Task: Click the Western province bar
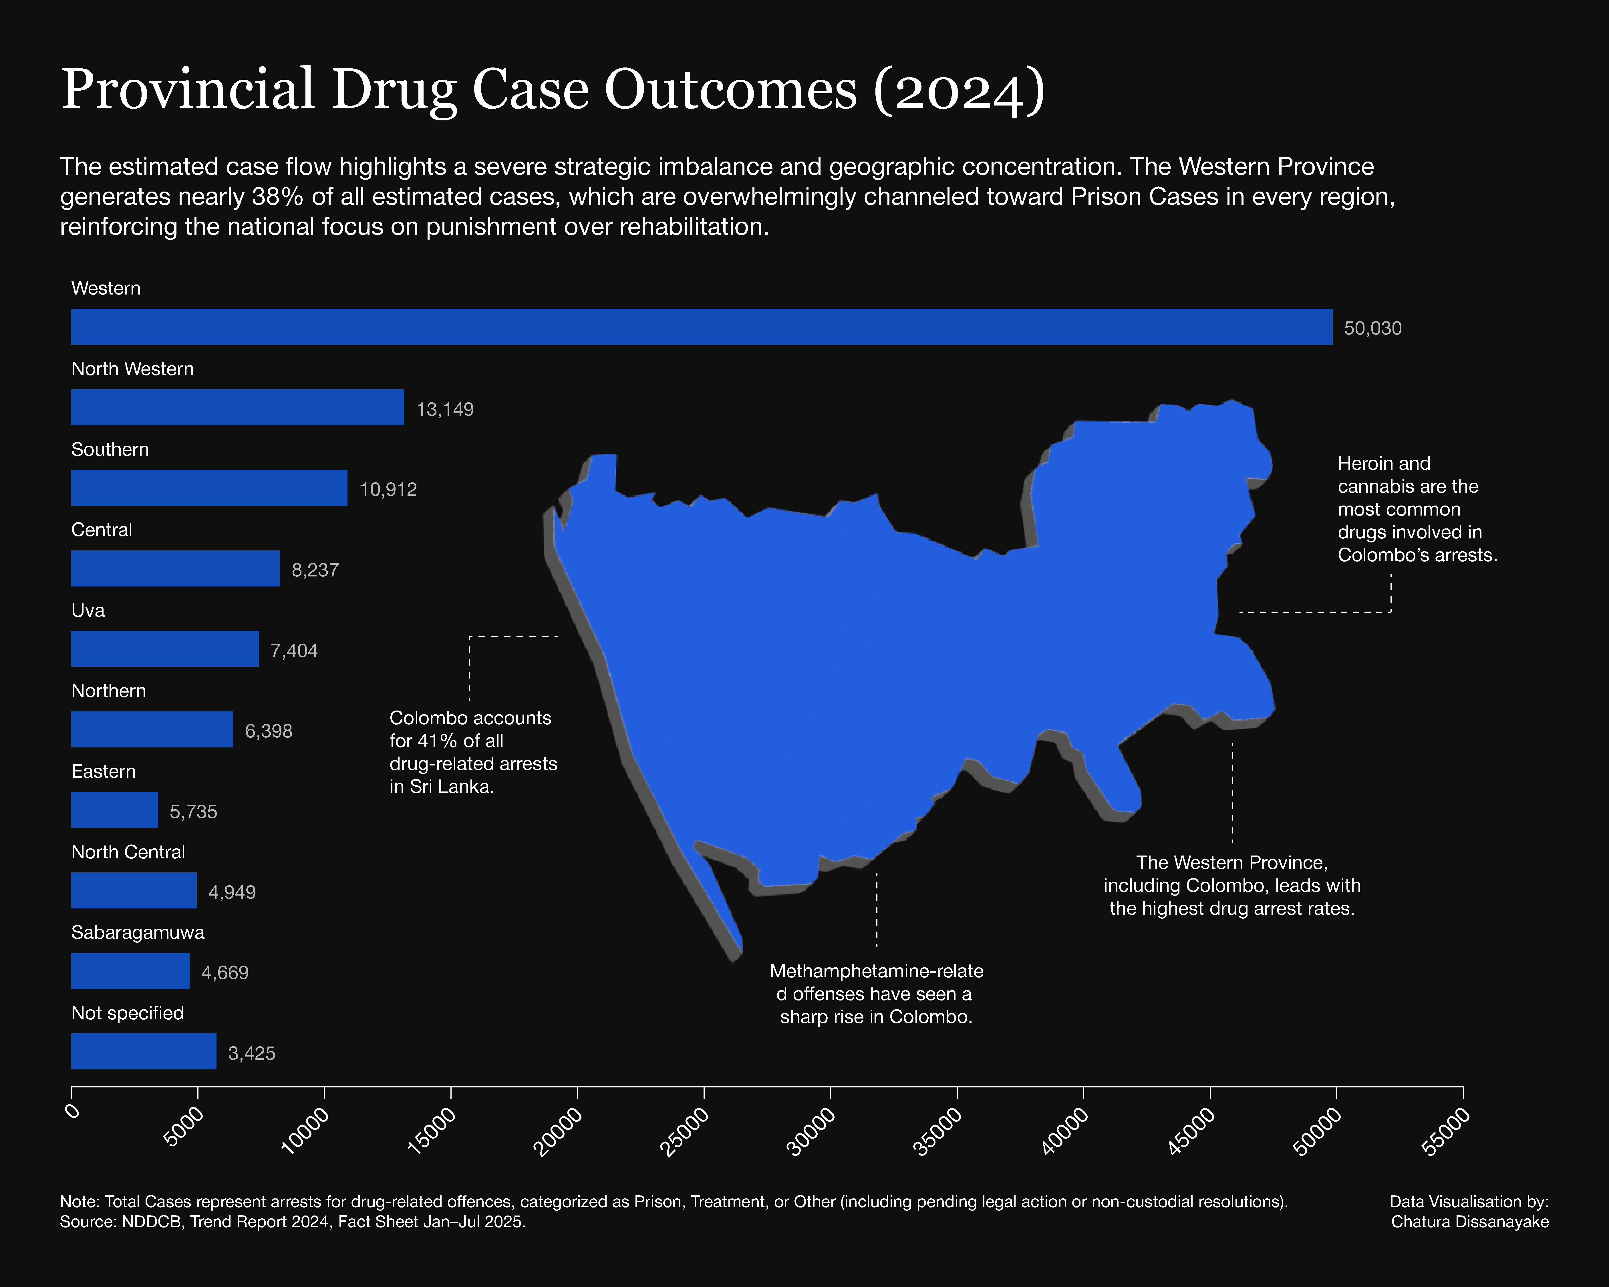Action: (702, 327)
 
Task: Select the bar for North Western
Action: (237, 407)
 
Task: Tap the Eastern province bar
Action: (114, 810)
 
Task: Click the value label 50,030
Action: (1372, 328)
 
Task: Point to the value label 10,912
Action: (388, 490)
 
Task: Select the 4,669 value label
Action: (225, 973)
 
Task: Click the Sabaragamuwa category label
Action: (137, 933)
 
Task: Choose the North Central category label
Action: (128, 852)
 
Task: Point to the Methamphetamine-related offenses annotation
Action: (876, 994)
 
